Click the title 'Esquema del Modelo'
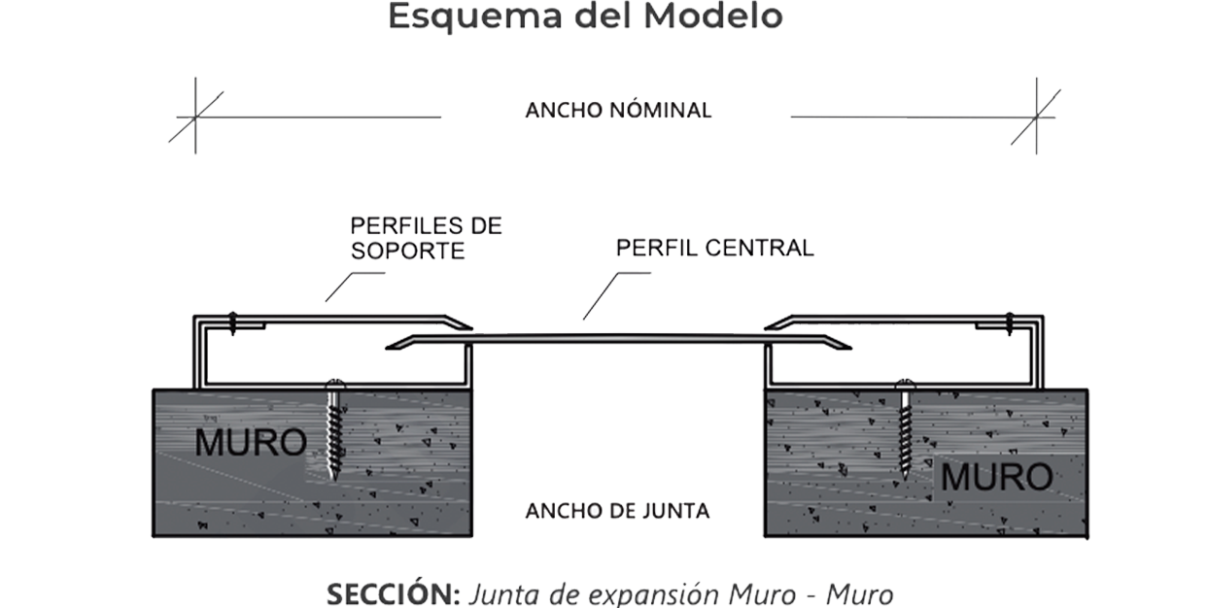pyautogui.click(x=585, y=17)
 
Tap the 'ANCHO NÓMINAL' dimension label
pyautogui.click(x=618, y=110)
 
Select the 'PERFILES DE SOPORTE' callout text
pyautogui.click(x=426, y=238)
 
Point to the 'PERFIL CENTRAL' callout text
pyautogui.click(x=714, y=248)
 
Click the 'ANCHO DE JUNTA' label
pyautogui.click(x=617, y=511)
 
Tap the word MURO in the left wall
pyautogui.click(x=251, y=443)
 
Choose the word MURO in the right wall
pyautogui.click(x=996, y=477)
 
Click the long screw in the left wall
pyautogui.click(x=335, y=429)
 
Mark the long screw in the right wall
pyautogui.click(x=906, y=429)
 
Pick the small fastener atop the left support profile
pyautogui.click(x=232, y=323)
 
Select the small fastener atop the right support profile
pyautogui.click(x=1010, y=323)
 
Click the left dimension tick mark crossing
pyautogui.click(x=195, y=117)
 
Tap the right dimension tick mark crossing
pyautogui.click(x=1037, y=117)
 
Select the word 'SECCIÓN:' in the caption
pyautogui.click(x=394, y=594)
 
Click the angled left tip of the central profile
pyautogui.click(x=387, y=348)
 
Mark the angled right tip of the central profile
pyautogui.click(x=850, y=348)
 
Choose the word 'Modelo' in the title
pyautogui.click(x=713, y=17)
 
